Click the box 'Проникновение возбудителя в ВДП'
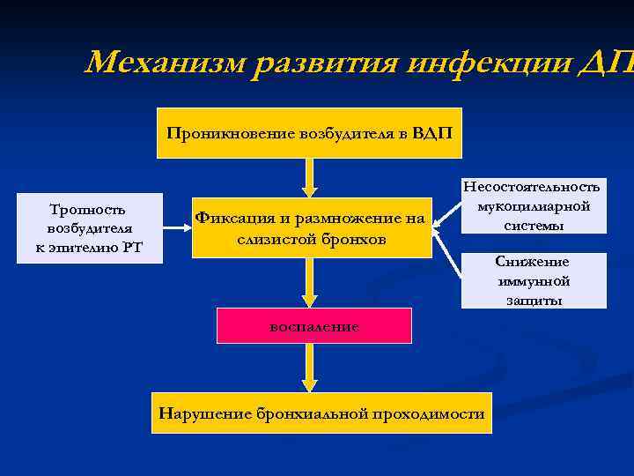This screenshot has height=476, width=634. (309, 133)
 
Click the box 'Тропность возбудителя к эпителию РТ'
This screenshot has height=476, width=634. (88, 228)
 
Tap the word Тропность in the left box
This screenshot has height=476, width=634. (88, 210)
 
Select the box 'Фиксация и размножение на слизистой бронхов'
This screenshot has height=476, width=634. (312, 228)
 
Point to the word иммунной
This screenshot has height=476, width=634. (534, 281)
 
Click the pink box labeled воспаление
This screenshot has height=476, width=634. (314, 325)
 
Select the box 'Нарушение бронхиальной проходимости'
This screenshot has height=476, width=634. (321, 413)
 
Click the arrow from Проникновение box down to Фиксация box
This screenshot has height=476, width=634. (309, 178)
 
